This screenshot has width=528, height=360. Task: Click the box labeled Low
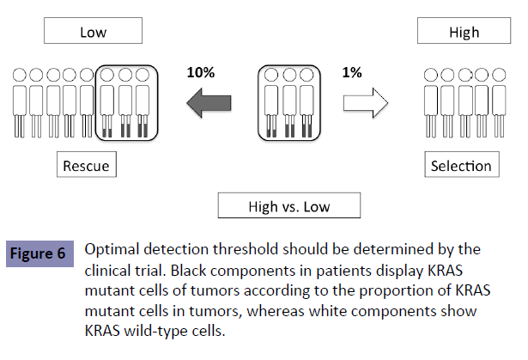tap(93, 34)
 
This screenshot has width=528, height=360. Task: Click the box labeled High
tap(464, 34)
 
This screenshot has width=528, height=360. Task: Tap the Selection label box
tap(461, 166)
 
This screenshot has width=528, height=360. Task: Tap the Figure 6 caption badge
tap(39, 253)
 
